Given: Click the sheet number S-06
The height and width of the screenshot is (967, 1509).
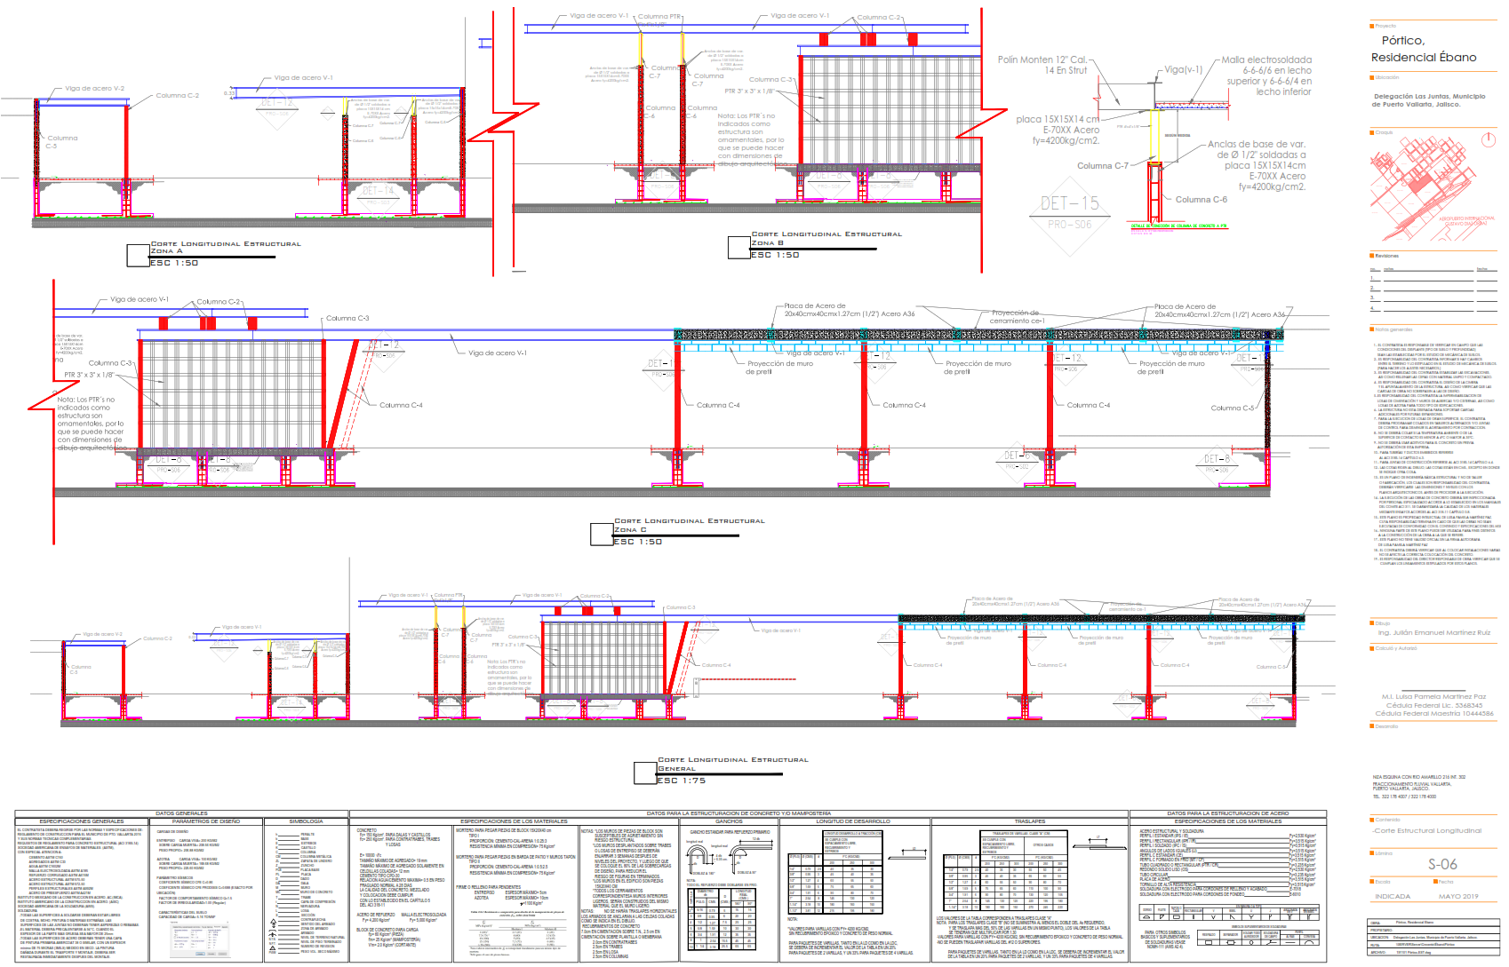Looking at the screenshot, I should [1441, 864].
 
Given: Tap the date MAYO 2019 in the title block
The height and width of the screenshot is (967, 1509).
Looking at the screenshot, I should [1458, 896].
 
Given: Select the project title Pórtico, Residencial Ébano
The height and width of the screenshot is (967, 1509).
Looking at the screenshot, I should [1423, 49].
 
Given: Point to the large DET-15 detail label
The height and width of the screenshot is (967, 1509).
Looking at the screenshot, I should [1069, 203].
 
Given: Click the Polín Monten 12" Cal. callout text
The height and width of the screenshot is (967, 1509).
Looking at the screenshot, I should [1042, 65].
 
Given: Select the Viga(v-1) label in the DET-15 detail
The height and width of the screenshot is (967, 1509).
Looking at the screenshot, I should [1183, 69].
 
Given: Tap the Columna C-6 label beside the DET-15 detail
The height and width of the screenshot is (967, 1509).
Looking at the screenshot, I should [1201, 200].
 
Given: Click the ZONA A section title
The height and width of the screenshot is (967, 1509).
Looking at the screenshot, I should [166, 251].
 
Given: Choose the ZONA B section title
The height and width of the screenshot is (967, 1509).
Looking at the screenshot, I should [767, 242].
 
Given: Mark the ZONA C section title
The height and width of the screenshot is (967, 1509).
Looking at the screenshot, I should [630, 530].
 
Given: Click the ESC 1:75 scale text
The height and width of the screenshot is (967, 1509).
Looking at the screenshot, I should [681, 781].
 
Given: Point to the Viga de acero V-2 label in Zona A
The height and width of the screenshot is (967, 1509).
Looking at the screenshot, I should [94, 89].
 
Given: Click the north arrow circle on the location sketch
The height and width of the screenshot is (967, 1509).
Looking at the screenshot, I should [1489, 140].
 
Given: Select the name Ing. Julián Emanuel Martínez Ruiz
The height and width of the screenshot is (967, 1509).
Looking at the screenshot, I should [1433, 632].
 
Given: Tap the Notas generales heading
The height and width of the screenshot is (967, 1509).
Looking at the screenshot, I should [1393, 329].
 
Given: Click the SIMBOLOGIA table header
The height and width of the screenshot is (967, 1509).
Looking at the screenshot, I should [306, 821].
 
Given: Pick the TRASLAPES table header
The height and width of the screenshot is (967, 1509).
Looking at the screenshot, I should [1030, 821].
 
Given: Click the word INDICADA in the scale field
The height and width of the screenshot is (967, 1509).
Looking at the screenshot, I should [1392, 896].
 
